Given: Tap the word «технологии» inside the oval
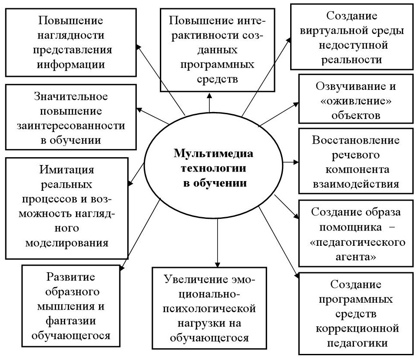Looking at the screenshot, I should (213, 168).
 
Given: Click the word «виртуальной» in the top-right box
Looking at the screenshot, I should (355, 31).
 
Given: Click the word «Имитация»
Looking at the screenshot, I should (67, 170).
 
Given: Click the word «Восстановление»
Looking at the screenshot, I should (356, 142).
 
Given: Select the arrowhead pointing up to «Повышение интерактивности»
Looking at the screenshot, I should (210, 95).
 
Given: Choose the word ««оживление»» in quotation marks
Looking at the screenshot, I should (355, 101).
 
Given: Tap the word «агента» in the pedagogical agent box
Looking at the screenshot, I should (356, 256).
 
